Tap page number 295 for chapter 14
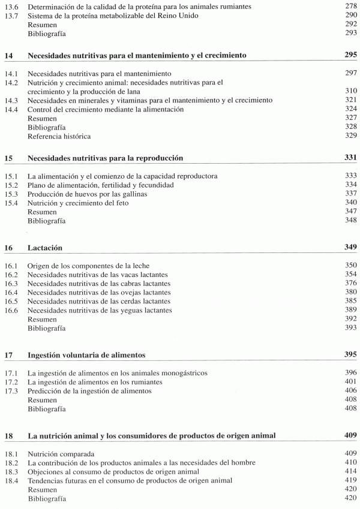(349, 55)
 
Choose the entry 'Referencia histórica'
(58, 137)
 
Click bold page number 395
(349, 355)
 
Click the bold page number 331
(349, 158)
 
